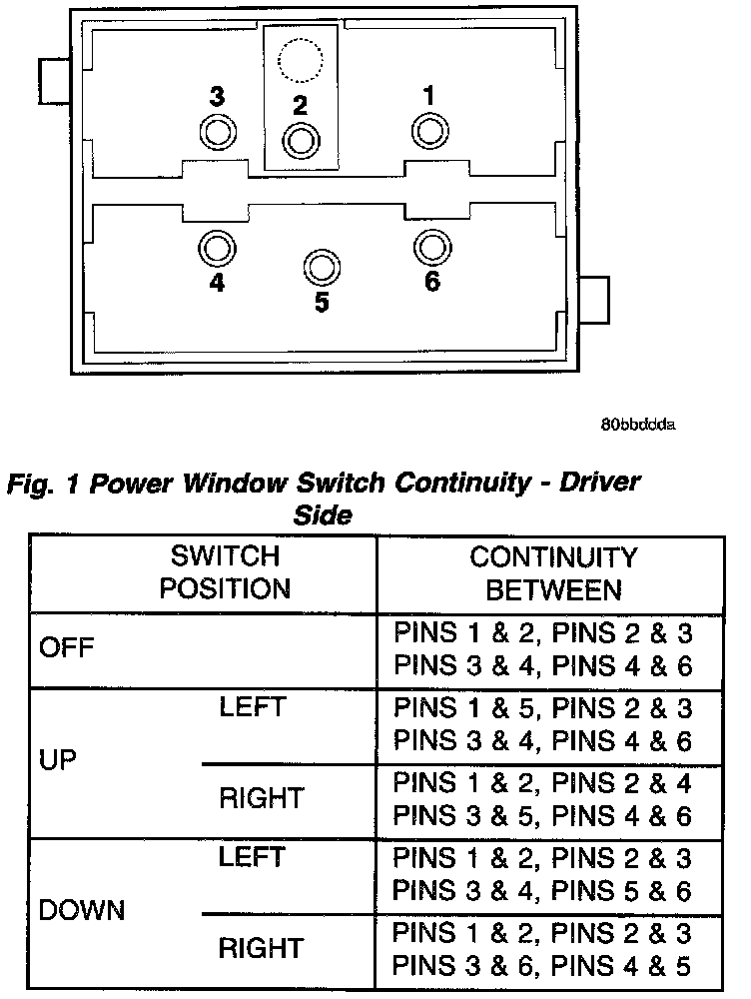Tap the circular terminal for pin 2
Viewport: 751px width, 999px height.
tap(299, 141)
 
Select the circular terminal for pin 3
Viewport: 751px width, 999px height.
tap(217, 131)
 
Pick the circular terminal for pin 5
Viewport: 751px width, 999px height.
tap(321, 266)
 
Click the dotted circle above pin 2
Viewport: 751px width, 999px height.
tap(299, 62)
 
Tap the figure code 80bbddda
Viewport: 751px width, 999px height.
tap(638, 424)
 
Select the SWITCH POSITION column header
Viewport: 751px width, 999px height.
tap(226, 572)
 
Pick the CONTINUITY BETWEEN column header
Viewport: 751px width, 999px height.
tap(552, 572)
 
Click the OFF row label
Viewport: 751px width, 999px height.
tap(66, 647)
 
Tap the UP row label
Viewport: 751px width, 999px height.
tap(56, 761)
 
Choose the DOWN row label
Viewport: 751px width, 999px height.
tap(82, 911)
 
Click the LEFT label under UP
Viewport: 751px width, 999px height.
tap(252, 707)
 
